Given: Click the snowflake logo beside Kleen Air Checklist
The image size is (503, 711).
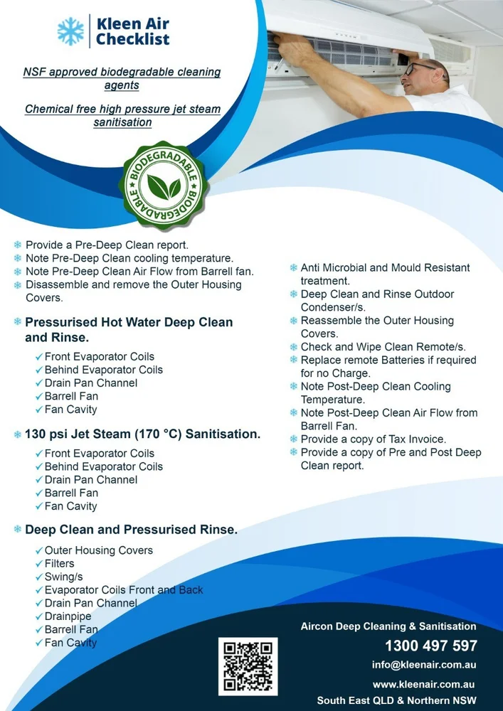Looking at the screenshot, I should coord(70,31).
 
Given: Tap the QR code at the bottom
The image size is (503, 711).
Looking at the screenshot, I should coord(248,666).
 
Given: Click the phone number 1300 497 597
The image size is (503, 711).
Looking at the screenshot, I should coord(430,646).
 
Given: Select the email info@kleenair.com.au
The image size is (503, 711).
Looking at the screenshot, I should coord(423,665).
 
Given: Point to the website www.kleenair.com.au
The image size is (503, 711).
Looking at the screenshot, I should coord(424,684).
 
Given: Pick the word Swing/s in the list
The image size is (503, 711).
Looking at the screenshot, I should coord(64,577).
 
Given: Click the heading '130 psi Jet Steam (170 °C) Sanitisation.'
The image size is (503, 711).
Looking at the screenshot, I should coord(142,433).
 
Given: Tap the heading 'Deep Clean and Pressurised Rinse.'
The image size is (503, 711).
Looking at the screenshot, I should coord(131,530).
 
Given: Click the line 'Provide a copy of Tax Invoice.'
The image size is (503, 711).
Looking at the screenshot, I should coord(374,439).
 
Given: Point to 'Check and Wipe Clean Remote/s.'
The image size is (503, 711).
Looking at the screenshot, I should coord(383,347).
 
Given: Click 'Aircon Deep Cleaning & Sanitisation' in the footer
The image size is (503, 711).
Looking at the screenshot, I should coord(388,626).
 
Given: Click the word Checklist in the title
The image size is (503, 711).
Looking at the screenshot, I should coord(133,40).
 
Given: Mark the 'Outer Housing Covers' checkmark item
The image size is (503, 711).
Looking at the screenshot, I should coord(98,550).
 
